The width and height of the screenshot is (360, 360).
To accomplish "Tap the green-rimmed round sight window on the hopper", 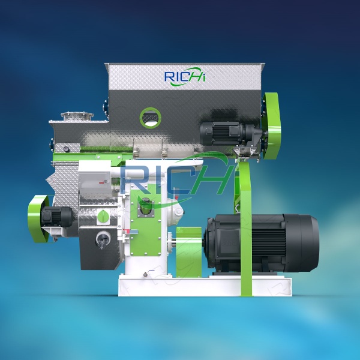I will click(x=150, y=116).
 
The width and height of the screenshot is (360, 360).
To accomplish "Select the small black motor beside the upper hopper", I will click(x=223, y=131).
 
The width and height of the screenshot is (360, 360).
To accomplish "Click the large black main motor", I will click(x=258, y=243).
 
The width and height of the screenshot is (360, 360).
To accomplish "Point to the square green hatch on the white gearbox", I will click(x=144, y=210).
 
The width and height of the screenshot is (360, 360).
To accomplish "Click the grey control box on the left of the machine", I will click(x=93, y=176).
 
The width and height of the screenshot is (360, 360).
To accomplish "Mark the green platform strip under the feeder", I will click(x=102, y=157).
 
